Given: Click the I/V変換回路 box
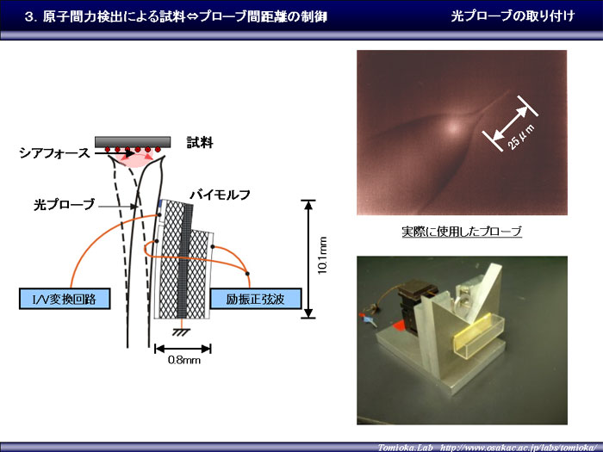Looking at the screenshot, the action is point(65,299).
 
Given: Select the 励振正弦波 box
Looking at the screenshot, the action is point(255,299).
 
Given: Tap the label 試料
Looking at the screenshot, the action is point(200,143).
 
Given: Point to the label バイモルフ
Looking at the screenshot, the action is point(220,195).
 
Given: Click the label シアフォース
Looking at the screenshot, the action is point(54,153).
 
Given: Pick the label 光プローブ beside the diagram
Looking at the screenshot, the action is point(65,204).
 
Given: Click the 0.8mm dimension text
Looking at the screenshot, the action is point(183,360).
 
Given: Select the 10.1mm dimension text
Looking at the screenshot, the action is point(322,256).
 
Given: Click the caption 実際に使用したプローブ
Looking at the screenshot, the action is point(462,232).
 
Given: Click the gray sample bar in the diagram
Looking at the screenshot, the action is point(133,142).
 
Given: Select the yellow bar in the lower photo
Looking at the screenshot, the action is point(474,334).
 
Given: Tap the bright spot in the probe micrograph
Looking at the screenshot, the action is point(454,126).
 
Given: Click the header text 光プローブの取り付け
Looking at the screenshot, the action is point(513,15).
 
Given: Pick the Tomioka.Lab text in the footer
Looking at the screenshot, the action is point(405,448).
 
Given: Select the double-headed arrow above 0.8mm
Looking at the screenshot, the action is point(183,349).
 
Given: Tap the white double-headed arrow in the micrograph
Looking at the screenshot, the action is point(510,123).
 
